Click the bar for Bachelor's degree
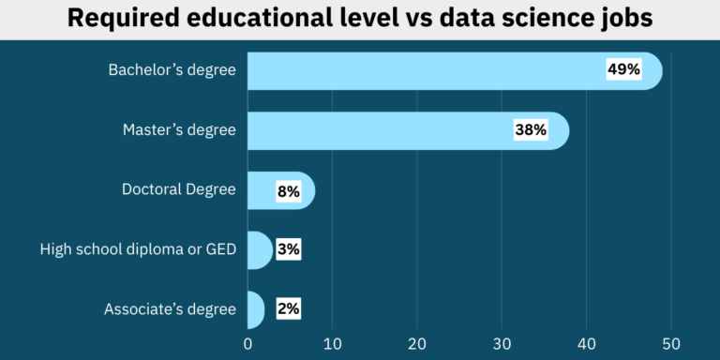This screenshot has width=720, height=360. click(422, 70)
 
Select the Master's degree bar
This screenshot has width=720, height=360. click(375, 130)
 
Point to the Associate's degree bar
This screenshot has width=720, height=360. click(255, 309)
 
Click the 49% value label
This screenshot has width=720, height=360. click(623, 70)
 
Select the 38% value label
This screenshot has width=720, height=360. click(531, 130)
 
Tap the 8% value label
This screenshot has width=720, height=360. click(289, 191)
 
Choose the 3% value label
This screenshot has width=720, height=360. click(289, 250)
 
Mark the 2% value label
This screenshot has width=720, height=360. click(289, 309)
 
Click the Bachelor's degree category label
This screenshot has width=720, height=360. click(172, 70)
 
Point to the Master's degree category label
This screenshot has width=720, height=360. click(179, 130)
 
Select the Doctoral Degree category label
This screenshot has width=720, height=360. click(178, 190)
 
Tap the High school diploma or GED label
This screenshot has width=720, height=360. click(138, 250)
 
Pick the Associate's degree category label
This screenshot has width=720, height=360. click(170, 309)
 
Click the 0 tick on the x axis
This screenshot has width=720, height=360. click(247, 343)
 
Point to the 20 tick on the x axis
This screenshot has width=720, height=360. click(417, 343)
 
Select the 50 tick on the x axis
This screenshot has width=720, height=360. click(671, 343)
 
